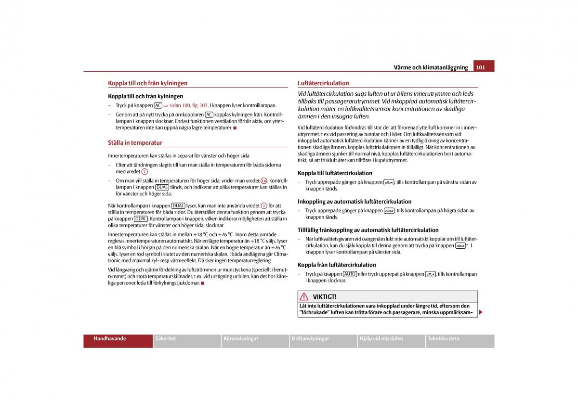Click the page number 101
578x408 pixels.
click(480, 67)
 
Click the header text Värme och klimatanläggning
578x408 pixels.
click(431, 67)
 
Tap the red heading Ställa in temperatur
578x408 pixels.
click(135, 143)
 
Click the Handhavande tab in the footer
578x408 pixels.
click(110, 339)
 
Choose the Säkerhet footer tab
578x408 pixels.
click(166, 339)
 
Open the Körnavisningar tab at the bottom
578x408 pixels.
click(241, 339)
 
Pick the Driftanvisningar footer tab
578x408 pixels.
click(310, 339)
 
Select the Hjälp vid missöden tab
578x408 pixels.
click(381, 339)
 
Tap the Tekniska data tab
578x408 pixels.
click(443, 339)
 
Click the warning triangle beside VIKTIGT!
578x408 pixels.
click(304, 297)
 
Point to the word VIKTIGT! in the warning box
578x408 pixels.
click(325, 297)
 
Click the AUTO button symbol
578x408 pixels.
click(350, 274)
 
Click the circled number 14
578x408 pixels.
click(263, 181)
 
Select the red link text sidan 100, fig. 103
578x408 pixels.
click(188, 105)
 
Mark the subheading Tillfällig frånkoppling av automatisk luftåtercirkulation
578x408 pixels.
click(368, 230)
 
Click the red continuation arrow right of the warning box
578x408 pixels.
click(481, 312)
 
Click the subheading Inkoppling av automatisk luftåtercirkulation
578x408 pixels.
click(355, 202)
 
